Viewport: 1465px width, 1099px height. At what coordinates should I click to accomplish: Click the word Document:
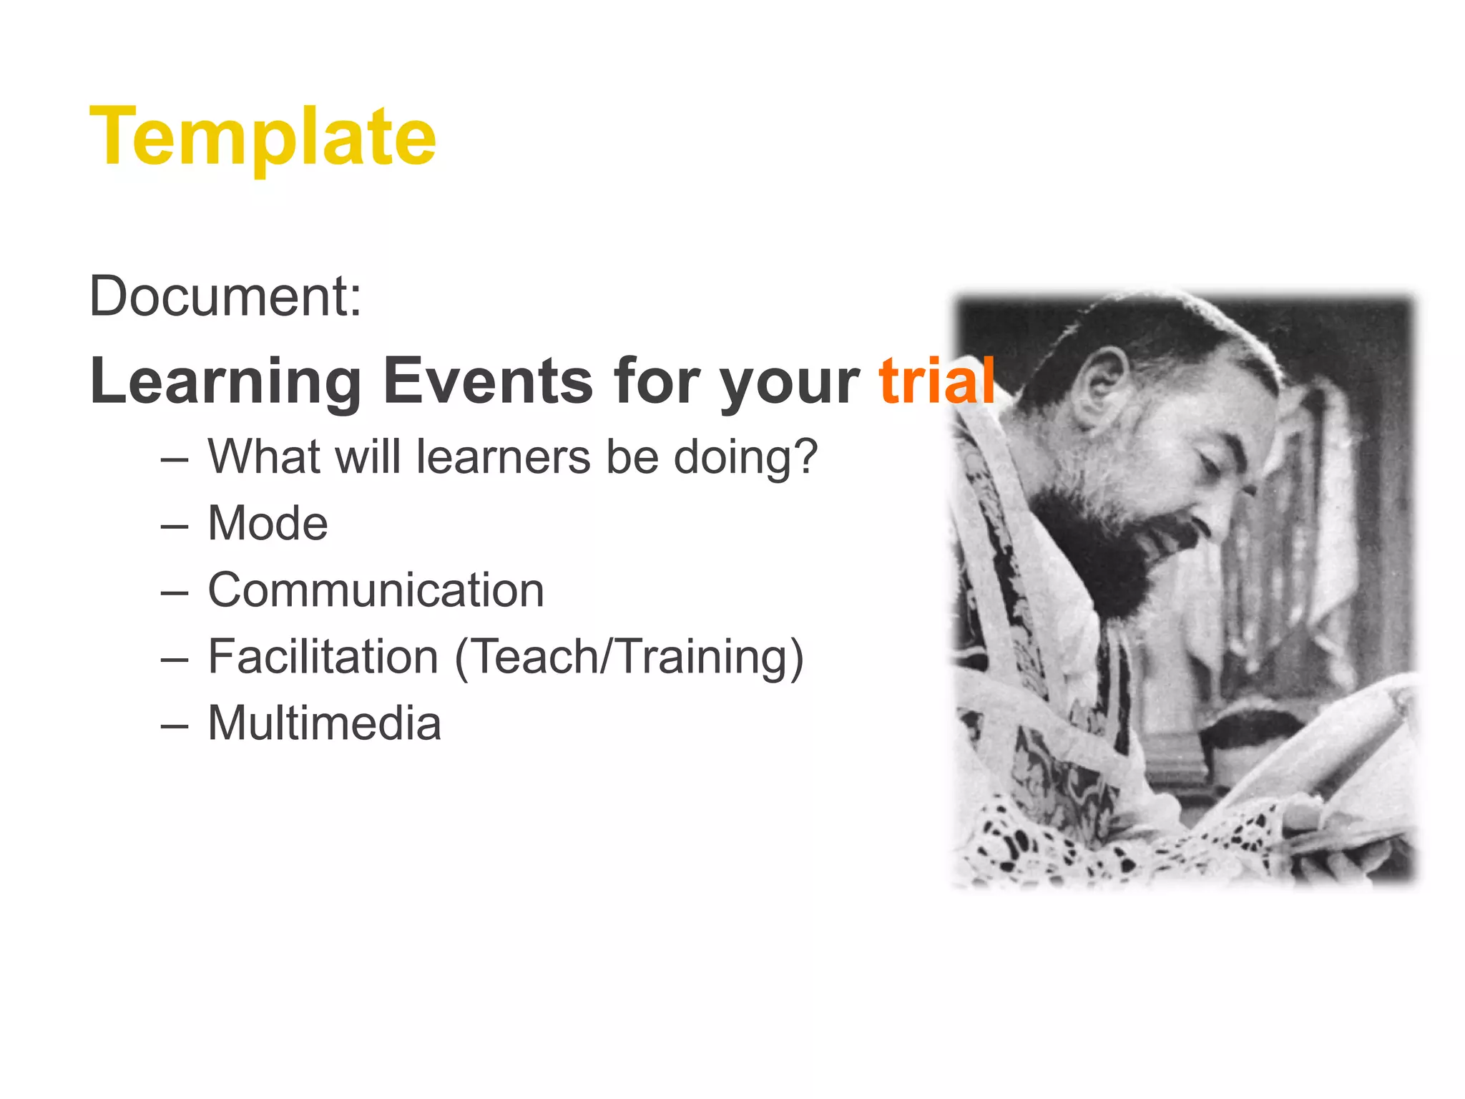tap(225, 296)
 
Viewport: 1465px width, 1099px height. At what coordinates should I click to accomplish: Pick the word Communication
tap(376, 590)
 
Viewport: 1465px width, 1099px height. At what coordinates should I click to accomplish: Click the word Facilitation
tap(323, 657)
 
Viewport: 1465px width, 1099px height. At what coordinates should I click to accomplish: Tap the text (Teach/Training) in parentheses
tap(629, 657)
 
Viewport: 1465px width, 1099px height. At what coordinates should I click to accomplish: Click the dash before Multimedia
tap(175, 725)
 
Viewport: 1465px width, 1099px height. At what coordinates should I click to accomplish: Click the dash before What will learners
tap(175, 459)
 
